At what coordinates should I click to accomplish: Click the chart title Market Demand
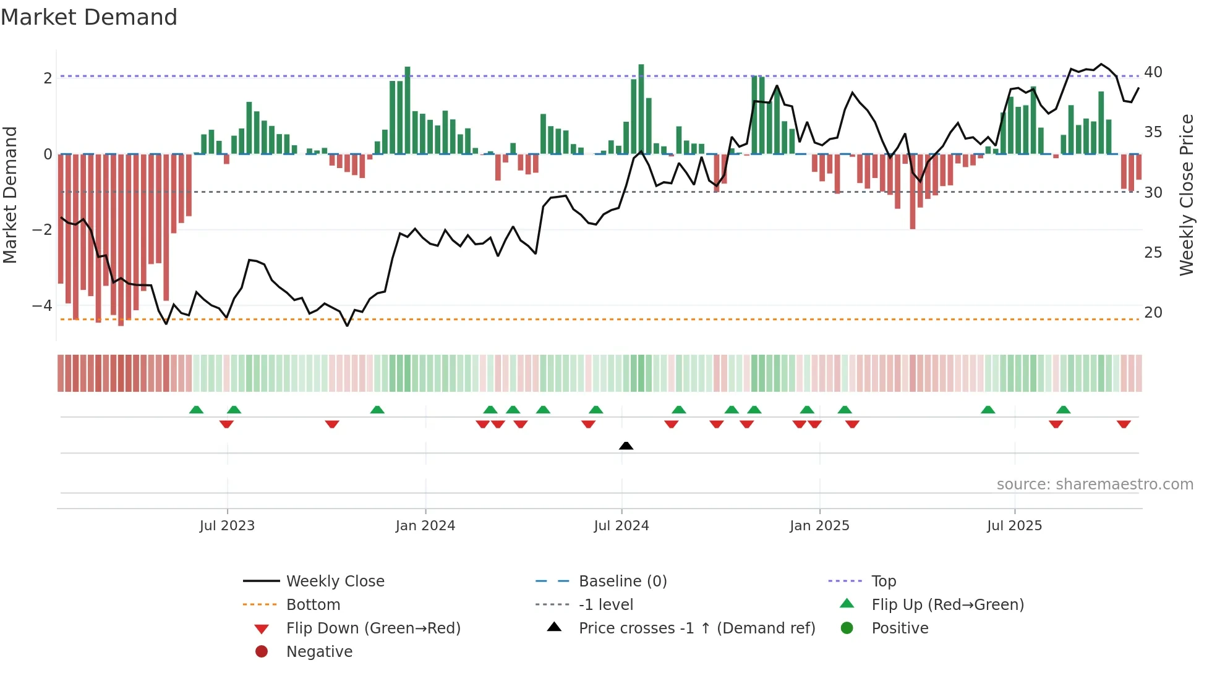pos(89,17)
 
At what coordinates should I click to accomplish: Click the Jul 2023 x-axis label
pos(227,526)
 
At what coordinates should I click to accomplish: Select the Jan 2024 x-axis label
pos(425,526)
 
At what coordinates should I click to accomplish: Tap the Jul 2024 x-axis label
pos(621,526)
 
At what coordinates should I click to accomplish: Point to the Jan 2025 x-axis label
pos(819,526)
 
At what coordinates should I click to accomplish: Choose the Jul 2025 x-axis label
pos(1014,526)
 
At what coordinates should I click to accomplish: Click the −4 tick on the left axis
pos(43,306)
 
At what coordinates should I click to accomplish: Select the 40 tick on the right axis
pos(1153,72)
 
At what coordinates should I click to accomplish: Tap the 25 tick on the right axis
pos(1153,253)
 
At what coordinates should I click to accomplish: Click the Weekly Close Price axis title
pos(1186,195)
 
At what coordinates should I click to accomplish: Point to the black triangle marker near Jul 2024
pos(626,446)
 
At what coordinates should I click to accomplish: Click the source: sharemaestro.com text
pos(1095,484)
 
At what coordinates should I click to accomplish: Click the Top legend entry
pos(884,582)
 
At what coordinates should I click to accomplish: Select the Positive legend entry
pos(900,628)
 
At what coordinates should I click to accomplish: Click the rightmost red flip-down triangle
pos(1124,425)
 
